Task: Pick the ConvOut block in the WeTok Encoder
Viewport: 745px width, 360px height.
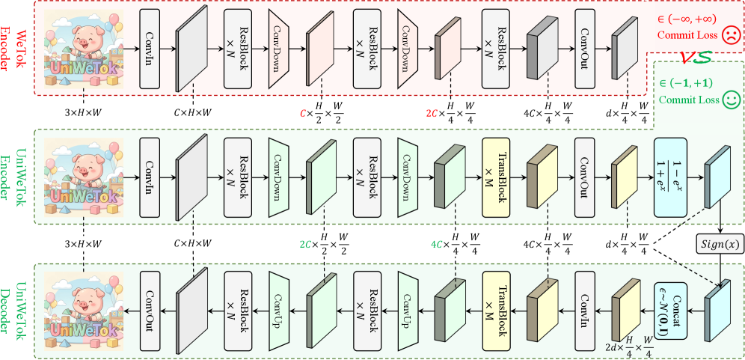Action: pyautogui.click(x=586, y=49)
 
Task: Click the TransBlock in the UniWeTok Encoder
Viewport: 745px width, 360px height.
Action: pyautogui.click(x=494, y=177)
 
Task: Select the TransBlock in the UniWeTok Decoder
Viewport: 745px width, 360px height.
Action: pyautogui.click(x=494, y=306)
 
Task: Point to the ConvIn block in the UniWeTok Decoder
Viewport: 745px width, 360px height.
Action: pyautogui.click(x=586, y=306)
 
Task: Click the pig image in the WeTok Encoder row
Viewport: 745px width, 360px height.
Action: pyautogui.click(x=85, y=49)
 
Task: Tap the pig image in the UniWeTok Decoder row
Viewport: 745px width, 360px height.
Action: pyautogui.click(x=85, y=307)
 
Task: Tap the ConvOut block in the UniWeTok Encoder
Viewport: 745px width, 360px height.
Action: pyautogui.click(x=586, y=177)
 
